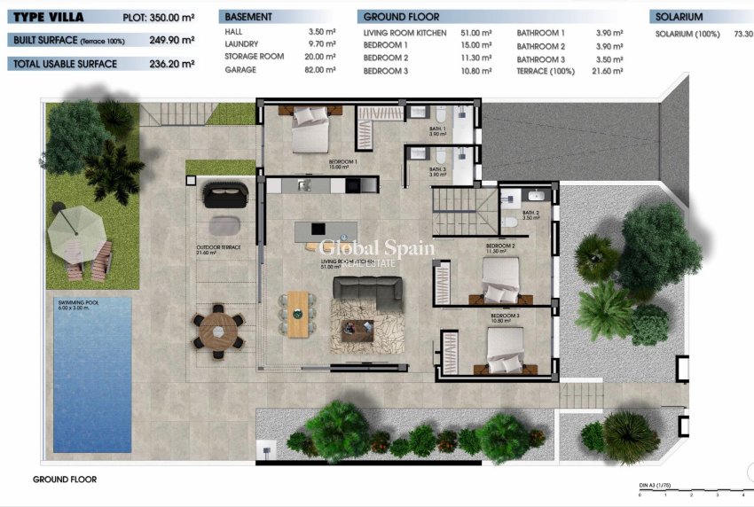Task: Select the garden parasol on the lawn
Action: click(77, 231)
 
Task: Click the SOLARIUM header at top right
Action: click(679, 17)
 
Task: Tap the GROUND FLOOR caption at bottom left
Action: click(65, 480)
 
